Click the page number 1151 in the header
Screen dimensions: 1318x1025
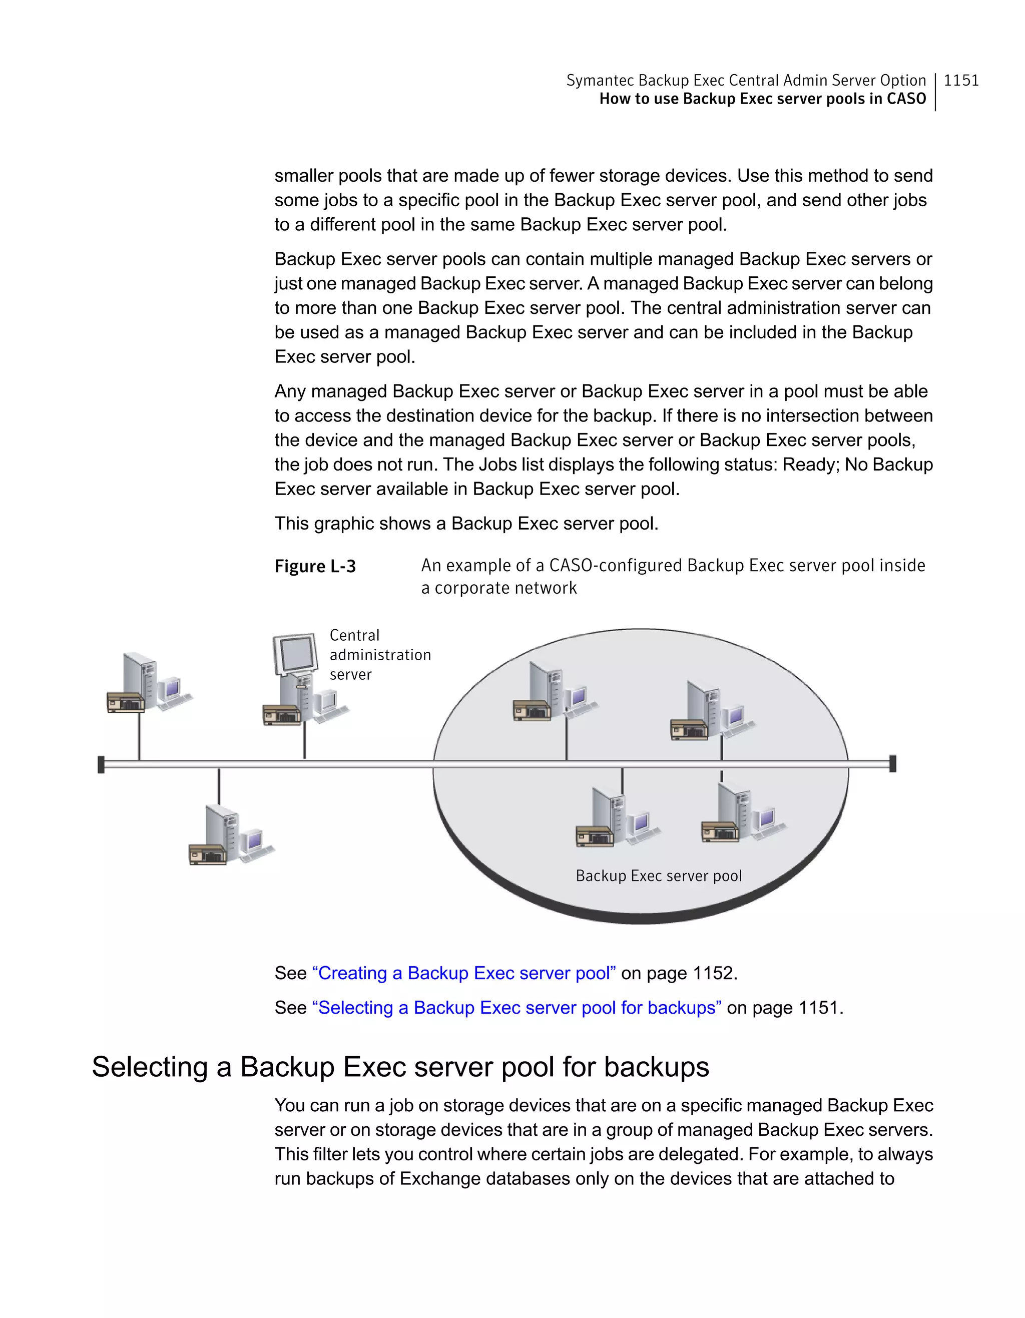960,80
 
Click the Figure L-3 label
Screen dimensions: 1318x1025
315,566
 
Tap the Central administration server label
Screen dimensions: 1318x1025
379,655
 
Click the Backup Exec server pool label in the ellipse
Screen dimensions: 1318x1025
658,875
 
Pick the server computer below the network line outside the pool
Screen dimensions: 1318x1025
229,835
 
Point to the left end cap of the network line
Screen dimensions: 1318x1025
101,764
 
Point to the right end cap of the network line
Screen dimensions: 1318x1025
893,763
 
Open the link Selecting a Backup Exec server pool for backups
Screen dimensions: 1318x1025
517,1007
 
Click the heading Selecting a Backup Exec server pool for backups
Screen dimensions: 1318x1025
400,1066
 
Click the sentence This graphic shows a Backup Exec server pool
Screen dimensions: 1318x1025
466,523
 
